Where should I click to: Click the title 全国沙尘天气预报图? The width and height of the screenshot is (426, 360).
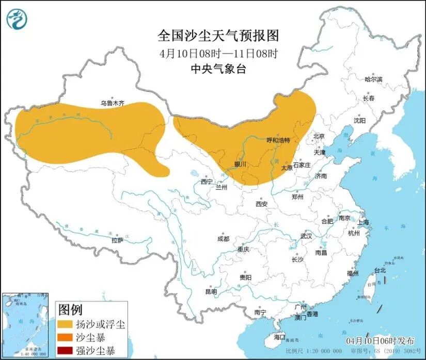coord(218,36)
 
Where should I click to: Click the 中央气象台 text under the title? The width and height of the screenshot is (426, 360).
coord(218,69)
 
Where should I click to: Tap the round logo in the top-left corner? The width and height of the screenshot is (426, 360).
coord(17,19)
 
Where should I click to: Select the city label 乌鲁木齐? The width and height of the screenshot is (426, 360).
coord(113,103)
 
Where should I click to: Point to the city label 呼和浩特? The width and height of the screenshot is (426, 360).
coord(278,140)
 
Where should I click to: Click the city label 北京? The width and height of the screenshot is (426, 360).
coord(319,137)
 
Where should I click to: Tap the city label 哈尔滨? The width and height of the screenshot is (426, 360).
coord(373,79)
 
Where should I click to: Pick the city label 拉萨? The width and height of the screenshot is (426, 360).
coord(117,240)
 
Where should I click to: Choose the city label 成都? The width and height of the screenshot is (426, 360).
coord(223,239)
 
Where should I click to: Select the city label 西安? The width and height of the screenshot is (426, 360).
coord(261,204)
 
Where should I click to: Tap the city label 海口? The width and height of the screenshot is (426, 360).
coord(279,337)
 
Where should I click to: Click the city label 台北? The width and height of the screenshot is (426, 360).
coord(380,270)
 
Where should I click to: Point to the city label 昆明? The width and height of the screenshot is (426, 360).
coord(211,291)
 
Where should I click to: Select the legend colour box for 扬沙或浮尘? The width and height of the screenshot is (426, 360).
coord(65,324)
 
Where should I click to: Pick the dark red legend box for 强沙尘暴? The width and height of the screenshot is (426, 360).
coord(65,351)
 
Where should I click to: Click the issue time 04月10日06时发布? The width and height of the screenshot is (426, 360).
coord(380,341)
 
